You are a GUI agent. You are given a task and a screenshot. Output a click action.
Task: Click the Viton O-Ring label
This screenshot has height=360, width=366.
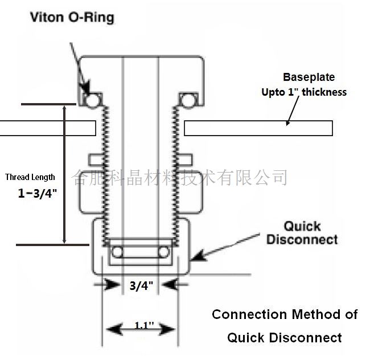72,18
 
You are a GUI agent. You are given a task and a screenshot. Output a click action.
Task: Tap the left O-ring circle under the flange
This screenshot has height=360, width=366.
91,101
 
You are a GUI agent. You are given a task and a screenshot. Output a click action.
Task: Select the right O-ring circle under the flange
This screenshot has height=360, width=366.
188,101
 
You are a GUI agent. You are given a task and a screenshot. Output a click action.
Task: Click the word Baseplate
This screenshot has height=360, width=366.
309,77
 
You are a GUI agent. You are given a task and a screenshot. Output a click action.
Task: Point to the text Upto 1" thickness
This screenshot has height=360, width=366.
304,92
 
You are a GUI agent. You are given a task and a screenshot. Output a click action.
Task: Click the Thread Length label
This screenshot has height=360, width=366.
30,177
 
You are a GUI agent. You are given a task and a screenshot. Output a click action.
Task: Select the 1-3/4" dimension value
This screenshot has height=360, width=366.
38,193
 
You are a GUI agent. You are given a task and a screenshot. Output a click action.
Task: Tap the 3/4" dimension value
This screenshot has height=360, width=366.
141,285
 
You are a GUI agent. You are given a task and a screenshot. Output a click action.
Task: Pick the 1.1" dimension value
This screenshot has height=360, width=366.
144,325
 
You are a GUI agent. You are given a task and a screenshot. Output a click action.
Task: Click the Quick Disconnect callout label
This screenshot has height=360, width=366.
302,233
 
